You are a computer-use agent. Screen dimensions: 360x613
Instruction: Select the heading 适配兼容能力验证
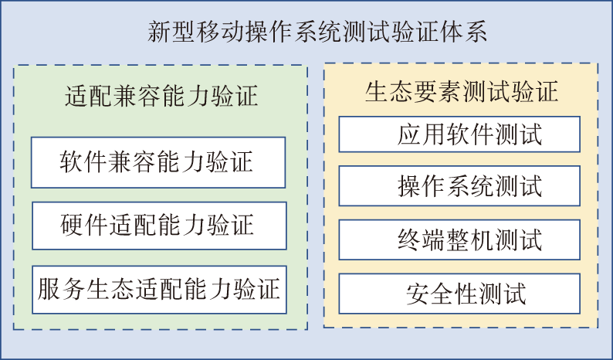[161, 97]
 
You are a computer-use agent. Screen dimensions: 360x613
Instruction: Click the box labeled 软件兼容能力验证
[157, 162]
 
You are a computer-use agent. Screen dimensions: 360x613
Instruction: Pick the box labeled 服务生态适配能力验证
[157, 291]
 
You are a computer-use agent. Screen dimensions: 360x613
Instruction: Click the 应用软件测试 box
[459, 134]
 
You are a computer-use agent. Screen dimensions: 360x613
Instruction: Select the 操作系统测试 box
[459, 185]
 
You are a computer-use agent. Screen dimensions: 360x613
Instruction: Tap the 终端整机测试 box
[459, 239]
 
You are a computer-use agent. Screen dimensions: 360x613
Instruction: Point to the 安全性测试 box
[459, 294]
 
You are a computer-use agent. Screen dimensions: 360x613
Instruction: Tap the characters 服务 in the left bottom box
[58, 291]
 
